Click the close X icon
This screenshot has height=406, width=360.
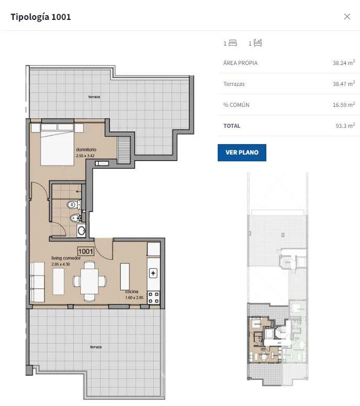coord(347,17)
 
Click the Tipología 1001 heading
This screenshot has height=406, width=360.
coord(41,17)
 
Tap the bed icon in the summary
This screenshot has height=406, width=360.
coord(233,43)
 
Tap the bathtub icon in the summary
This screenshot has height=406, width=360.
coord(257,43)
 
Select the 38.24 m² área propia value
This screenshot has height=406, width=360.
coord(344,63)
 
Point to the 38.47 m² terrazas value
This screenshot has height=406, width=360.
coord(344,84)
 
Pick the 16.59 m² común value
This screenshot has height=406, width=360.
coord(344,105)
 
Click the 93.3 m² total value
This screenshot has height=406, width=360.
coord(345,126)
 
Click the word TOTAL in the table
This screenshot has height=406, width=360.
coord(232,126)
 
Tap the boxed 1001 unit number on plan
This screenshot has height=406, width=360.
coord(86,251)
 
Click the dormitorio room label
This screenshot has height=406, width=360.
coord(86,149)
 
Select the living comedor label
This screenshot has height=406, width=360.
coord(66,258)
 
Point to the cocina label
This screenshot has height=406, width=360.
coord(132,292)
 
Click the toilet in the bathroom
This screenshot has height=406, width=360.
coord(73,205)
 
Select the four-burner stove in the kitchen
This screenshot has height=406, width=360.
coord(153,298)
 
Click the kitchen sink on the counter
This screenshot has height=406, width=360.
coord(153,273)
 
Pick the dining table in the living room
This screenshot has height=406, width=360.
coord(89,281)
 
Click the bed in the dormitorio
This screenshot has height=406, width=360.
coord(58,144)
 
